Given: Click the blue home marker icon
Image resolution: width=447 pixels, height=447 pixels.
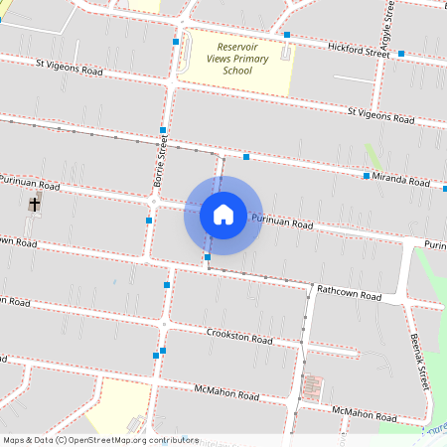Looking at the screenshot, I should point(223,215).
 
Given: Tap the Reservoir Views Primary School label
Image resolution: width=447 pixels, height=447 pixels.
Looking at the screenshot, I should point(237,59).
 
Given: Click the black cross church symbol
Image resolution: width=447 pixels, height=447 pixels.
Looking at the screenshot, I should point(35,205).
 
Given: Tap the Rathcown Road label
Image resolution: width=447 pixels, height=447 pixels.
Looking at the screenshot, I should point(349,293).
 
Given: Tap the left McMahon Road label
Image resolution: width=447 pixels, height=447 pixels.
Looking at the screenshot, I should point(226,393).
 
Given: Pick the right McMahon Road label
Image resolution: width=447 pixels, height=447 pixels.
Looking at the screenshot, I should point(365,411).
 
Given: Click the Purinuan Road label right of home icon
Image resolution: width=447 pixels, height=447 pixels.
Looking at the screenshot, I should point(282,223).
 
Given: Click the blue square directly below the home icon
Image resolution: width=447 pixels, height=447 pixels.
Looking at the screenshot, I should point(208,257).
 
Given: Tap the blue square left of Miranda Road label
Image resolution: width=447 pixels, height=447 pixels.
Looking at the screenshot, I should point(366,176).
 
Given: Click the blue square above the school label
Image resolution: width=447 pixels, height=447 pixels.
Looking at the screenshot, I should point(287,35).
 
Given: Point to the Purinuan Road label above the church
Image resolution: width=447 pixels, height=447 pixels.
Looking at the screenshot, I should point(30,185).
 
